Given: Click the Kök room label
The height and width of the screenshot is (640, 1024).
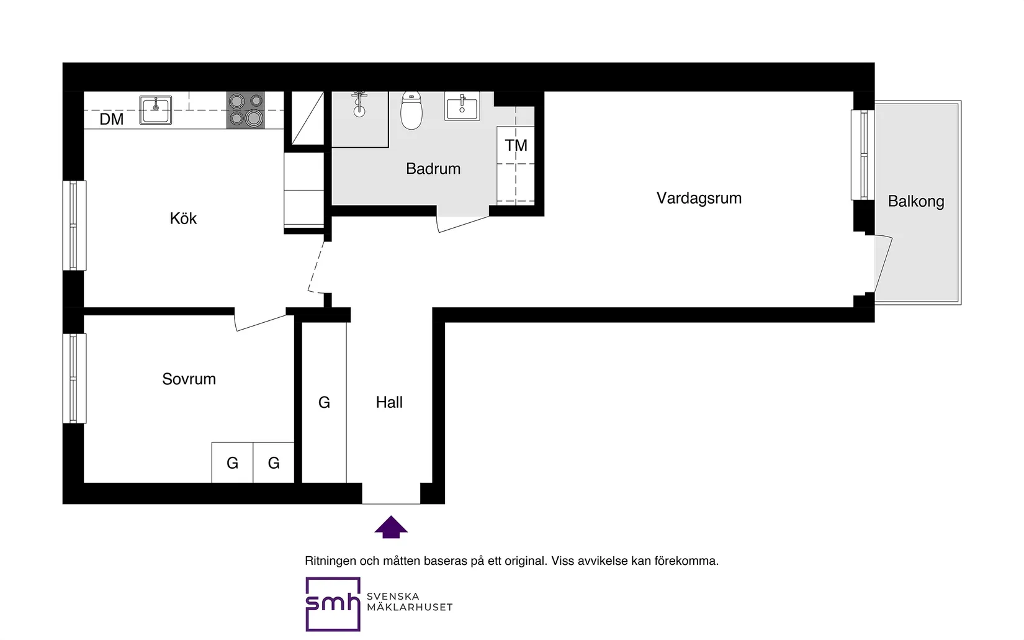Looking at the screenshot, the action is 183,219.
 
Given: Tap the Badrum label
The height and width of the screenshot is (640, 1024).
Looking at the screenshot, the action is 433,169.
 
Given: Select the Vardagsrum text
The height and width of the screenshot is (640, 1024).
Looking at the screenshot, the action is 699,198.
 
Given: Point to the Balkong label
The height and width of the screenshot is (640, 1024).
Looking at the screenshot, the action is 915,202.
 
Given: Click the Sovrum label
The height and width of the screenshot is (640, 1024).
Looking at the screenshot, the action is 189,379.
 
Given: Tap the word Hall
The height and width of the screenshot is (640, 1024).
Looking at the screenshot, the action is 389,402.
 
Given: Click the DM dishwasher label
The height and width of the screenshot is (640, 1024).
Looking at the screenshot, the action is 112,119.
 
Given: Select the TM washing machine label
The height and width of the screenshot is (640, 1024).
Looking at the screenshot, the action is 516,145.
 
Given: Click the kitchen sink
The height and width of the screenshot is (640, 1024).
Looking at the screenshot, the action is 155,110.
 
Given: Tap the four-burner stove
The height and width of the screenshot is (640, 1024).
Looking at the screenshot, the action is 246,110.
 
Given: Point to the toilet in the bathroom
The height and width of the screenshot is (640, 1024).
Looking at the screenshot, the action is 411,110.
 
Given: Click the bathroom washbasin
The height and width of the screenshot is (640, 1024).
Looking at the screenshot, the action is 462,106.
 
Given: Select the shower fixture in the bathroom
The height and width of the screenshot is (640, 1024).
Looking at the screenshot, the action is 359,104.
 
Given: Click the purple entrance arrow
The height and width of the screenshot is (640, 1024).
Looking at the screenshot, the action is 391,527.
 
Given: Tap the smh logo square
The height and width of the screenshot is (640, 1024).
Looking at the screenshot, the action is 333,605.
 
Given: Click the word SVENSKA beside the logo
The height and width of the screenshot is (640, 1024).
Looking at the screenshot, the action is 393,596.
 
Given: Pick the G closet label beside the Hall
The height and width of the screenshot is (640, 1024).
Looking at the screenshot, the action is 324,402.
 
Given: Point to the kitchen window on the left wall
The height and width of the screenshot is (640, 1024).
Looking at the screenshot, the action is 74,225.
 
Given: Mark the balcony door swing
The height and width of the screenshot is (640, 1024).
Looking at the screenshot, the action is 883,264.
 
